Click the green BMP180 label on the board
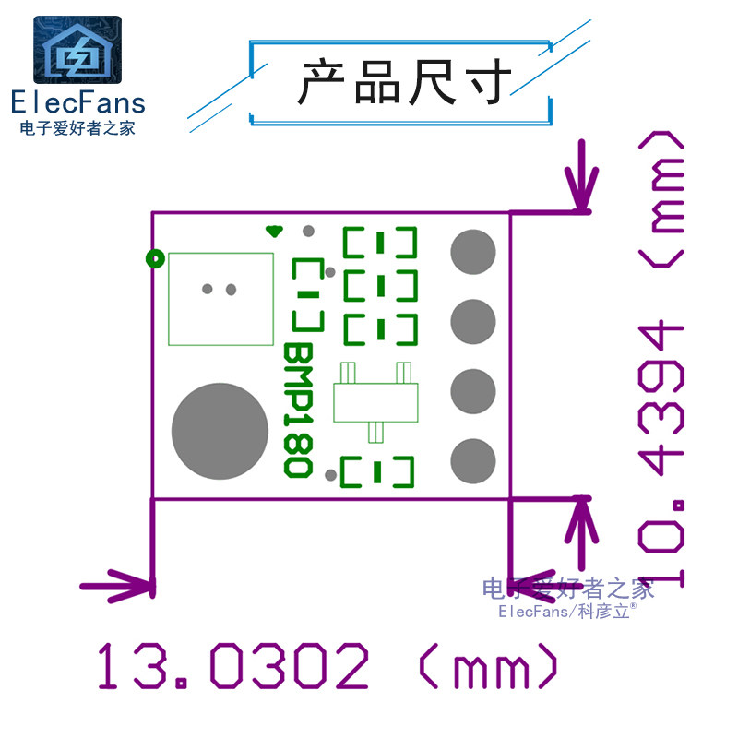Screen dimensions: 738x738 296,411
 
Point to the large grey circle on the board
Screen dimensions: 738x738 220,431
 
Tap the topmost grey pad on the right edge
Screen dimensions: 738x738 473,252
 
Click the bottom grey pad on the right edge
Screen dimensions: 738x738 473,458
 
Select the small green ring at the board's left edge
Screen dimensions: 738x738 155,259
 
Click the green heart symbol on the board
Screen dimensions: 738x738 273,231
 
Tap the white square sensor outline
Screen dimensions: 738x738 221,298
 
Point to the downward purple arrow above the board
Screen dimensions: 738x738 581,180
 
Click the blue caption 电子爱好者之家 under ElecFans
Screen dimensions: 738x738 77,128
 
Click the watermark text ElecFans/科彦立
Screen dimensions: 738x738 565,611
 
